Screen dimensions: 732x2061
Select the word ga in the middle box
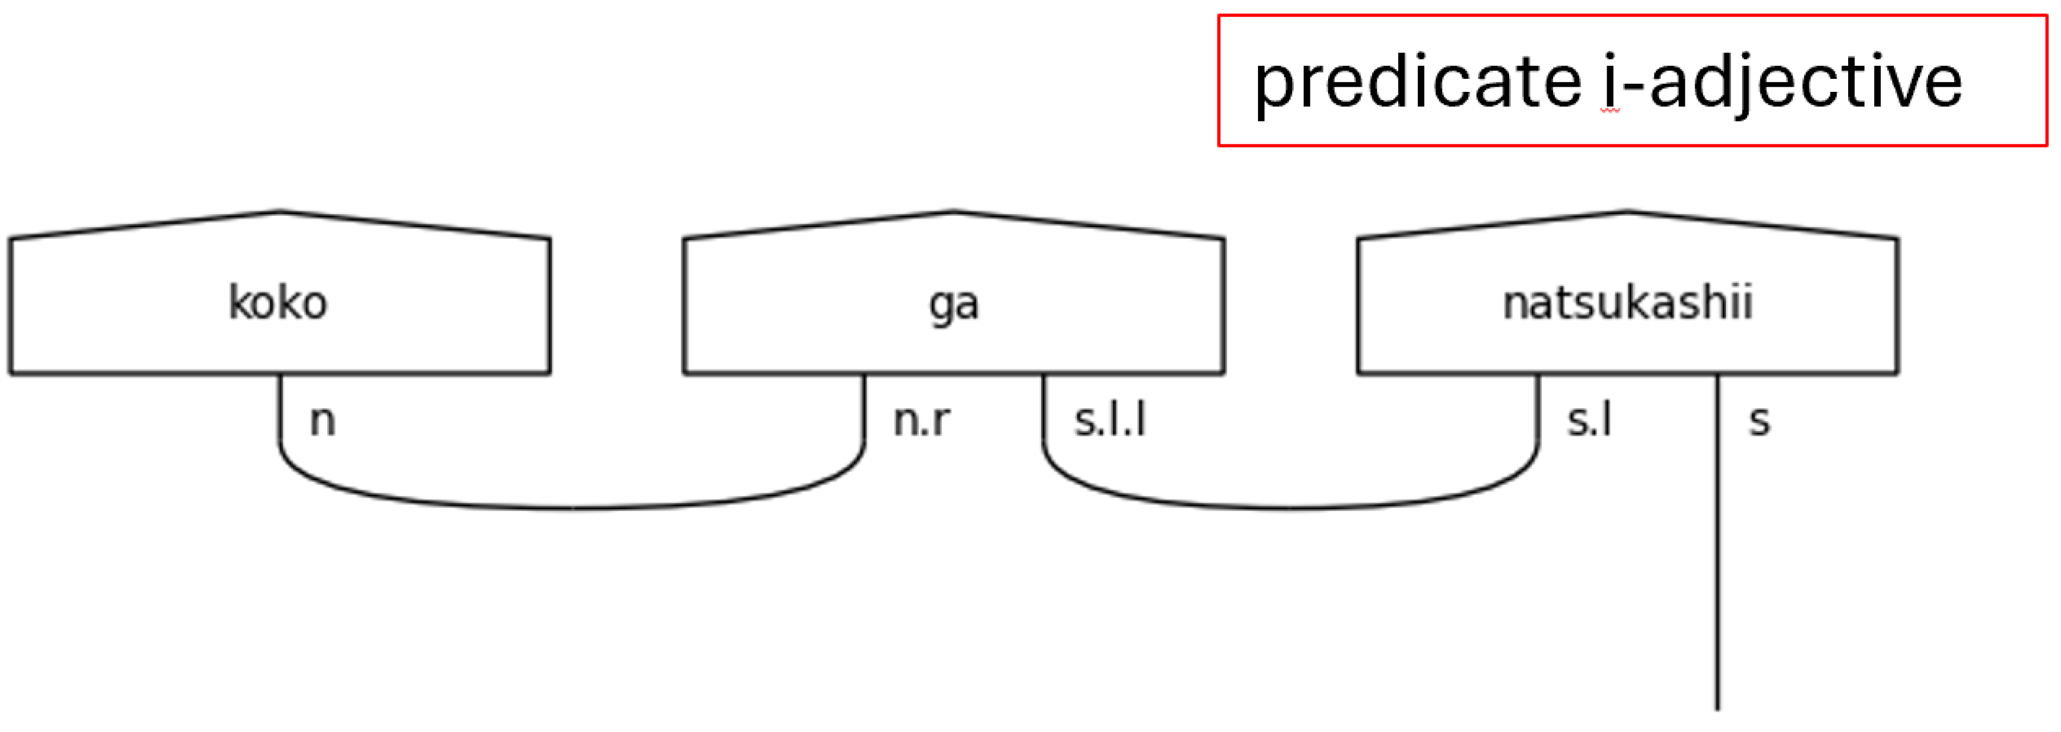[x=954, y=304]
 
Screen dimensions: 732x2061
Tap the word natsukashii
[x=1627, y=303]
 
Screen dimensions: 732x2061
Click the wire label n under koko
[x=322, y=421]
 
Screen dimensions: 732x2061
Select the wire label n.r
[x=922, y=421]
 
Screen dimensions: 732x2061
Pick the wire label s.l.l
[x=1110, y=421]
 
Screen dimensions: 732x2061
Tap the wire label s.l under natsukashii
[x=1589, y=421]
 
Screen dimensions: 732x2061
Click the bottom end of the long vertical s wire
[x=1717, y=707]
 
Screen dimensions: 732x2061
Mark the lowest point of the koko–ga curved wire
[x=572, y=507]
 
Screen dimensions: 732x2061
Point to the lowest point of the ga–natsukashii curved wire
[x=1290, y=507]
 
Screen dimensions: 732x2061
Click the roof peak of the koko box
[x=280, y=212]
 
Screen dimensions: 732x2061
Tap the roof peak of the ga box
[x=954, y=212]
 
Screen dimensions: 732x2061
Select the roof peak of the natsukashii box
[x=1627, y=212]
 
